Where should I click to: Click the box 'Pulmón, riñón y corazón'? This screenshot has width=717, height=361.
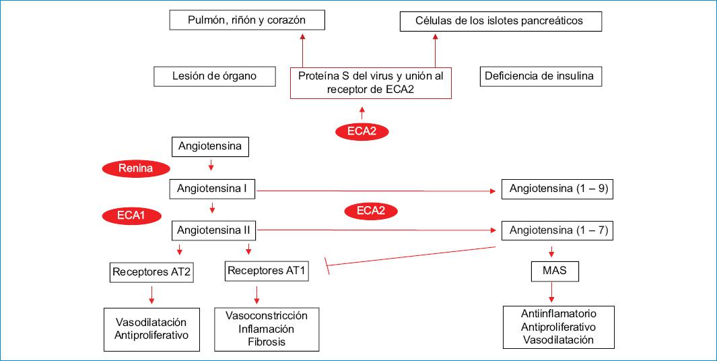click(x=246, y=20)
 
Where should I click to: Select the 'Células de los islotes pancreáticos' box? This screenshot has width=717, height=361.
click(x=500, y=21)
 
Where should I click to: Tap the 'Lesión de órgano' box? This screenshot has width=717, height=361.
click(x=215, y=76)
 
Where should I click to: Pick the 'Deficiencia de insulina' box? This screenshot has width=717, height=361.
click(x=539, y=76)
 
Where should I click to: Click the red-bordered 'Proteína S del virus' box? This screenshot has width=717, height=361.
click(x=370, y=83)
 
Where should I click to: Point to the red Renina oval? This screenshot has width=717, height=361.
click(x=135, y=168)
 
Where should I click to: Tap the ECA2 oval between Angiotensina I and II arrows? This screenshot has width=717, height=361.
click(x=371, y=211)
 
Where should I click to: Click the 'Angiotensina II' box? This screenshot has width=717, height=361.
click(x=213, y=230)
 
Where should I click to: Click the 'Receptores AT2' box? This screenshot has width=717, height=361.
click(x=151, y=273)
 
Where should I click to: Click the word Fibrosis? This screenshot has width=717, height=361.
click(x=267, y=342)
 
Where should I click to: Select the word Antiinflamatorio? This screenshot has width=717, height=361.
click(x=558, y=314)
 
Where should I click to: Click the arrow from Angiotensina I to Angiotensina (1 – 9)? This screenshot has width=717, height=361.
click(x=377, y=191)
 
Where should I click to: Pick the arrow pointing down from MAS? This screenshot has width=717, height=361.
click(x=552, y=292)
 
